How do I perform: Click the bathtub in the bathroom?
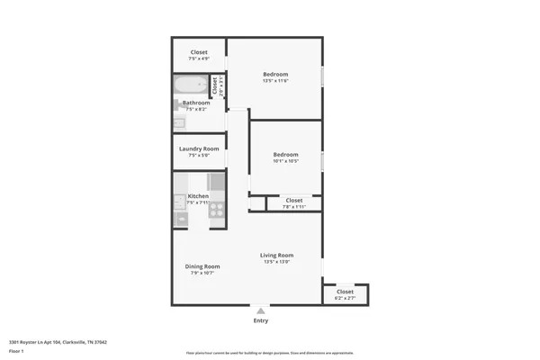(x=190, y=87)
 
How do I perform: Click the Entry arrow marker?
(x=261, y=310)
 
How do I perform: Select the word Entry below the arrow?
(x=261, y=320)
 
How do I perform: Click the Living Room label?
(x=277, y=256)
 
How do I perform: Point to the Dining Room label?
(x=202, y=266)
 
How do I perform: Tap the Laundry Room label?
(x=199, y=148)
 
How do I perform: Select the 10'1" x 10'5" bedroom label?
(x=285, y=158)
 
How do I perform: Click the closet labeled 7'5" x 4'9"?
(x=199, y=55)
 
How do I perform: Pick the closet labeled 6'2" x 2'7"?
(x=345, y=294)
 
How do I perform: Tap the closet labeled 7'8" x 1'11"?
(x=294, y=203)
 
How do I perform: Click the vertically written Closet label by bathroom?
(x=214, y=86)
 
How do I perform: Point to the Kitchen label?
(x=198, y=196)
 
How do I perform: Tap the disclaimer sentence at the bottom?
(x=269, y=353)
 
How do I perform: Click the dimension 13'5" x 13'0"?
(x=277, y=262)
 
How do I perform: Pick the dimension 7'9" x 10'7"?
(x=202, y=273)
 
